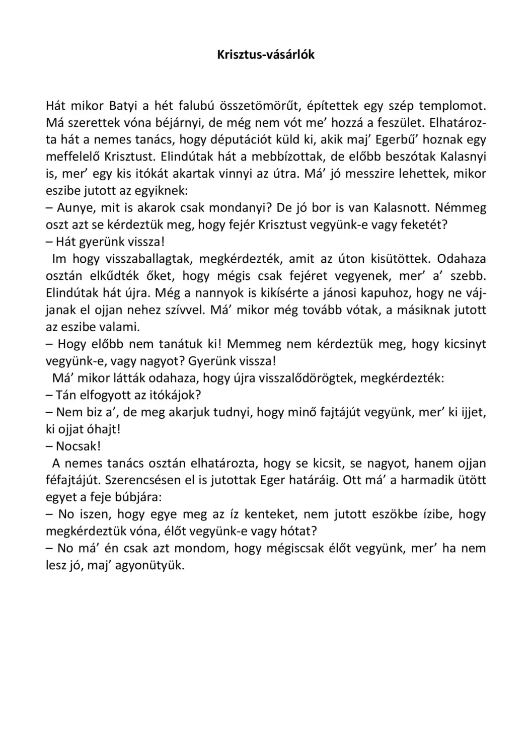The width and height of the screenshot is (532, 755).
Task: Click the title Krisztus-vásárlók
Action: (266, 55)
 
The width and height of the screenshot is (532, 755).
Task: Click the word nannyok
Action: (224, 292)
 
